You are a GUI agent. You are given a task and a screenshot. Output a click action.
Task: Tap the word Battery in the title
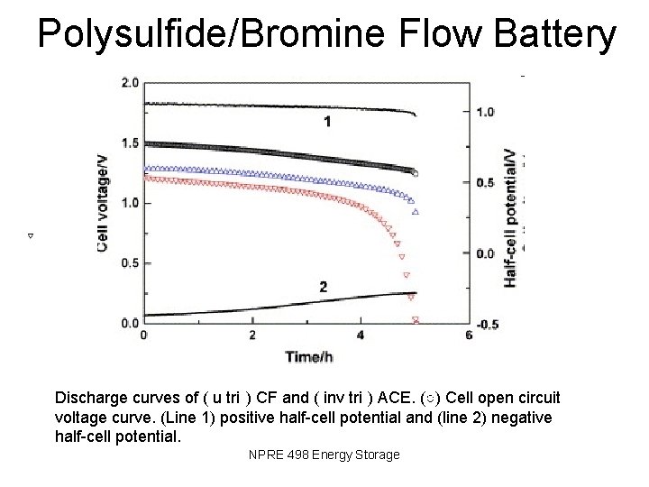point(559,34)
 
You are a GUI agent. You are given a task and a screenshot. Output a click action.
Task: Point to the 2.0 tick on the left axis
point(129,83)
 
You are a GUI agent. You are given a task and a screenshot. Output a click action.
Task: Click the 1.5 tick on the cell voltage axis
point(129,143)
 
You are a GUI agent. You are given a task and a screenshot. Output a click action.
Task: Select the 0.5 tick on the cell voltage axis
point(129,263)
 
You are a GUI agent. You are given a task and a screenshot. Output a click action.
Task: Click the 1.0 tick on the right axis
point(486,113)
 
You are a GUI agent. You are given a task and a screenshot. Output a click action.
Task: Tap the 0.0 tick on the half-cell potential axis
point(486,253)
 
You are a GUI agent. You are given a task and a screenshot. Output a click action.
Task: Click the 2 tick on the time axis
point(252,336)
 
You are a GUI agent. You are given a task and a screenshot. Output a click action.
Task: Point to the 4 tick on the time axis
point(361,336)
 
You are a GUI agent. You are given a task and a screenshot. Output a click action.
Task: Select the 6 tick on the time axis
point(469,336)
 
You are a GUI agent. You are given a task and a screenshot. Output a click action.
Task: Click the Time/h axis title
point(309,357)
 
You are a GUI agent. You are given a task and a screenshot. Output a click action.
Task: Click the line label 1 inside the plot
point(327,121)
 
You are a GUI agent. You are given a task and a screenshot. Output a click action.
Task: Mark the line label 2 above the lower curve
point(323,287)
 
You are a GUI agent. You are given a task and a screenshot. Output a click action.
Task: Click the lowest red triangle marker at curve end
point(416,320)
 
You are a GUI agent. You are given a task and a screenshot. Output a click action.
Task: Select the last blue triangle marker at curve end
point(416,213)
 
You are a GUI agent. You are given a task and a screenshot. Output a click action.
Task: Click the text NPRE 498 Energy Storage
point(324,455)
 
